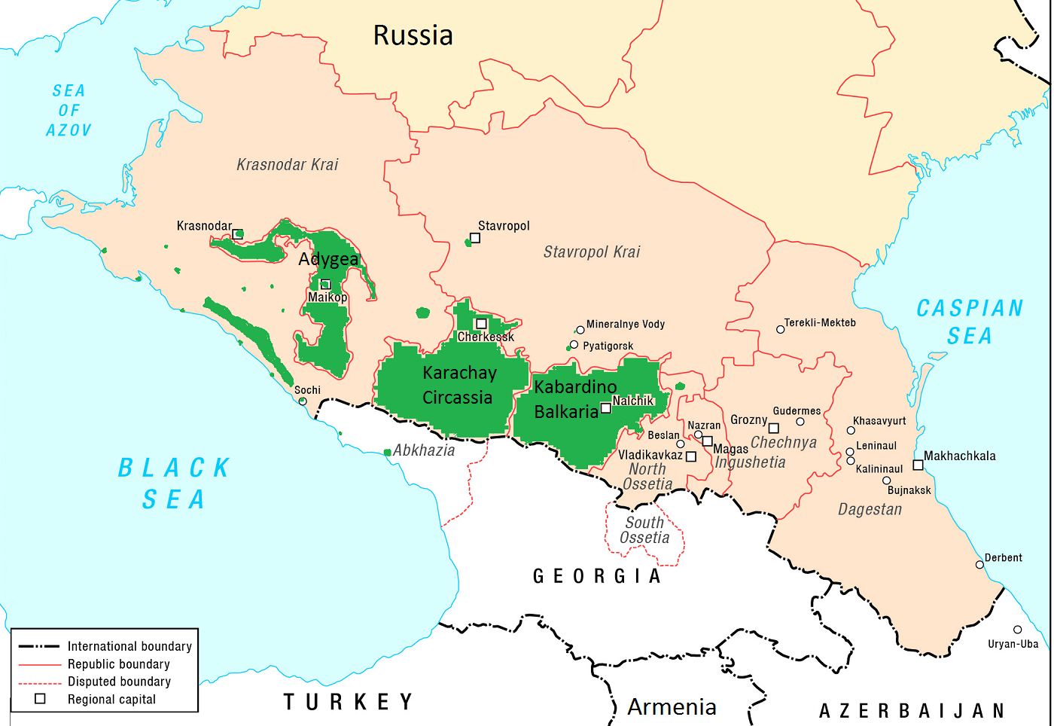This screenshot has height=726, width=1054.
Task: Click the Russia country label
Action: (413, 35)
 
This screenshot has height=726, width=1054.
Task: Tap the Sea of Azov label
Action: (69, 111)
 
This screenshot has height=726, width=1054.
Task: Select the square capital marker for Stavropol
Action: (475, 238)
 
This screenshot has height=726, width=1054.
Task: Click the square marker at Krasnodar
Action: (238, 234)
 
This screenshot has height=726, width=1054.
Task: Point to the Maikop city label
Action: (327, 297)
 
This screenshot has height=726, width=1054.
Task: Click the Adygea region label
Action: (328, 259)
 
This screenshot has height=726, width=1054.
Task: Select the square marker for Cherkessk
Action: (482, 324)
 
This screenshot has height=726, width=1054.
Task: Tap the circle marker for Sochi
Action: (303, 401)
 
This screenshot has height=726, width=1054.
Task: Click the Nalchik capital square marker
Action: (605, 408)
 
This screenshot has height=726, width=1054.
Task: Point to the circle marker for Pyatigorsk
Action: (574, 345)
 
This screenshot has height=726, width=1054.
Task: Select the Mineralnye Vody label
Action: (626, 325)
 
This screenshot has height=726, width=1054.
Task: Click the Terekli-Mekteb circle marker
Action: (780, 329)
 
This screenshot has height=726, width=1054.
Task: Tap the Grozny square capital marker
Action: (773, 429)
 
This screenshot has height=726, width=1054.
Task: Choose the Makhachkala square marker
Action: (918, 465)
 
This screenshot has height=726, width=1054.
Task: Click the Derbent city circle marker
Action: (979, 565)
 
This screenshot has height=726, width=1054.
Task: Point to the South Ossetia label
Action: (644, 530)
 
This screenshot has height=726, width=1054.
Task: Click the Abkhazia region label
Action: (424, 450)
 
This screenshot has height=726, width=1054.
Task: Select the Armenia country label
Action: (672, 707)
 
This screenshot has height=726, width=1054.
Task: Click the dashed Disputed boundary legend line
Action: (39, 682)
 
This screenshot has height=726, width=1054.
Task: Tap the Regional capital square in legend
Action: (41, 699)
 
